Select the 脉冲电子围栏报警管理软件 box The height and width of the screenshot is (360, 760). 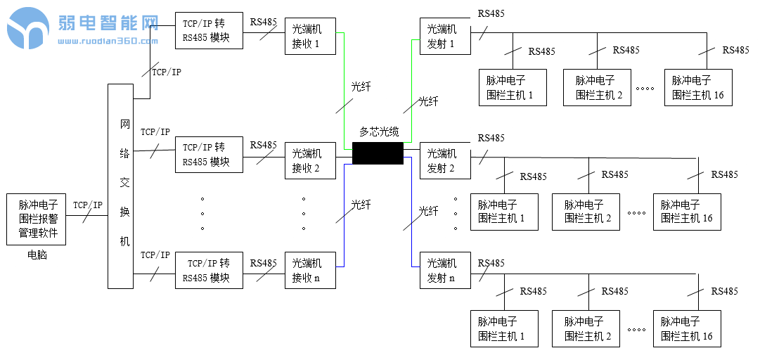tap(36, 219)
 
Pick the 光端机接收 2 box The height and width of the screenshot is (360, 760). tap(310, 160)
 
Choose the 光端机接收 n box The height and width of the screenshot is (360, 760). tap(310, 270)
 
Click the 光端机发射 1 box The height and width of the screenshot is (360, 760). tap(445, 37)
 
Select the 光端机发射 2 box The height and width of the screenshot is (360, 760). tap(445, 160)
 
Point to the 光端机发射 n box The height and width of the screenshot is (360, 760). tap(445, 270)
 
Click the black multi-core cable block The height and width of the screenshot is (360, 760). tap(378, 153)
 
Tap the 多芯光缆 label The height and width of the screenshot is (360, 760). tap(379, 131)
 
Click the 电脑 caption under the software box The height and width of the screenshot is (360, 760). tap(37, 255)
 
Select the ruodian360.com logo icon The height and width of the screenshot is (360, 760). tap(28, 28)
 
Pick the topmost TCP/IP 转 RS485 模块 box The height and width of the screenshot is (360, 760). tap(209, 30)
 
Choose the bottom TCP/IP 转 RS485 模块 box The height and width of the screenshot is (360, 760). tap(209, 270)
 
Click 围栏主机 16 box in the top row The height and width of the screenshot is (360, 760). tap(697, 88)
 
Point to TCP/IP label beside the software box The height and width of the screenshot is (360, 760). tap(88, 205)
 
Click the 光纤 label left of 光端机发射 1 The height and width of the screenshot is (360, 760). tap(428, 101)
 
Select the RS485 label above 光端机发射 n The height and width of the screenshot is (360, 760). tap(491, 263)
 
